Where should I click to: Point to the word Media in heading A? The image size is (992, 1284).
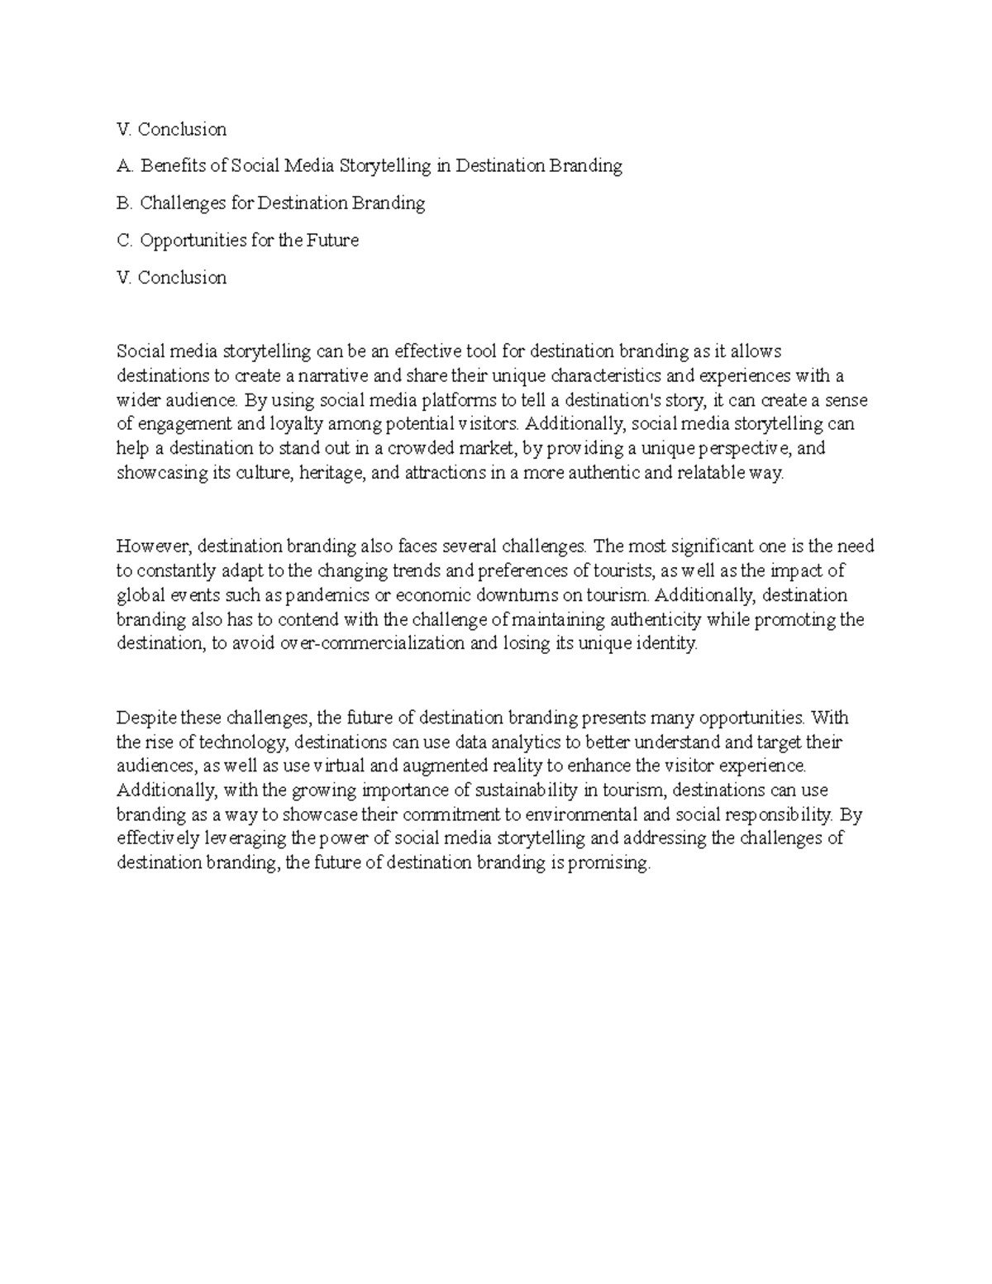coord(310,166)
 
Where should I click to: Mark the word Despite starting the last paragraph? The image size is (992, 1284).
coord(146,717)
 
